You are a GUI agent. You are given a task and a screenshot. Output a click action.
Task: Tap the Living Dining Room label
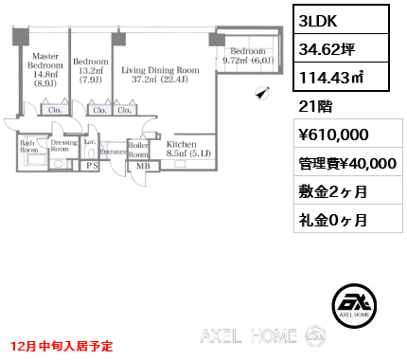pos(161,75)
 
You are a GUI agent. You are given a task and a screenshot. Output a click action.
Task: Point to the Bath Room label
pos(29,147)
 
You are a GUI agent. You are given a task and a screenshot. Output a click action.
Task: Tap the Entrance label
pos(113,152)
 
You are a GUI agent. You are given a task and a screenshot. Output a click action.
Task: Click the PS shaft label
pos(93,164)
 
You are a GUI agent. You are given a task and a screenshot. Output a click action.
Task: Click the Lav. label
pos(90,145)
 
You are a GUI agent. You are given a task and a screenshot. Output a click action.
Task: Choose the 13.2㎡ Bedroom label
pos(92,69)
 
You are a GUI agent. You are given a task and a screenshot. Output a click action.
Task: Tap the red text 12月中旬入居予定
pos(61,347)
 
